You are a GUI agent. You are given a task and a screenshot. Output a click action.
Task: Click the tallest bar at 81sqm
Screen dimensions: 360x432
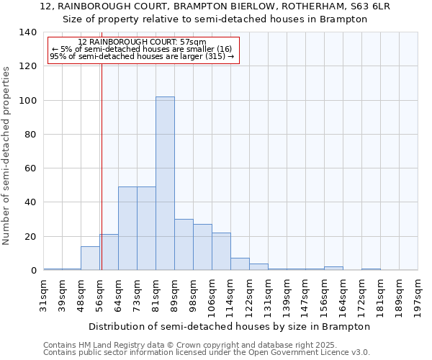(165, 184)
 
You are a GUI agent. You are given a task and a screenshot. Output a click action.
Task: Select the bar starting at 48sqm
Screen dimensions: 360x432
(90, 258)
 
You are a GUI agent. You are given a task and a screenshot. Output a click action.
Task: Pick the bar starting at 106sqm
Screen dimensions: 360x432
(221, 251)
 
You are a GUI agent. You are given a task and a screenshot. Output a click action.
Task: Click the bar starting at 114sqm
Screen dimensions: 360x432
(240, 264)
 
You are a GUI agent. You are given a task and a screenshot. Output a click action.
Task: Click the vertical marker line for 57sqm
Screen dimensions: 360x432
(102, 158)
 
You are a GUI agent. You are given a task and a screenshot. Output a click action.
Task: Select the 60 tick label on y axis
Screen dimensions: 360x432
(30, 168)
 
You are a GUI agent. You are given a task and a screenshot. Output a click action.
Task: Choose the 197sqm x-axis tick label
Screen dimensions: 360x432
(418, 297)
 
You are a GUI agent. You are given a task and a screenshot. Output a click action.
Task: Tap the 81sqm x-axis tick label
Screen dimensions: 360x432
(156, 295)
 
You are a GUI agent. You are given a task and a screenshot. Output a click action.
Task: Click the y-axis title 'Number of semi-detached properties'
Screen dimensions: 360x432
(6, 155)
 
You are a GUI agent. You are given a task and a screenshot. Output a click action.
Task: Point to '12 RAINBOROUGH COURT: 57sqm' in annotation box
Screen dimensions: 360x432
(142, 42)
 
